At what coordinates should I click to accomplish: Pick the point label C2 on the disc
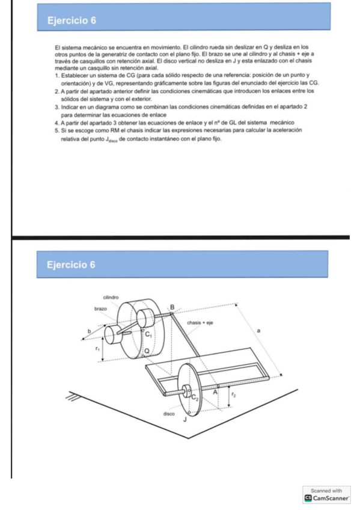click(x=195, y=397)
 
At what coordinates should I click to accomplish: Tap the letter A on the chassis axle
click(x=217, y=392)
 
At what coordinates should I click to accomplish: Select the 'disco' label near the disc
click(x=169, y=414)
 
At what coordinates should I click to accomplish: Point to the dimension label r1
click(x=97, y=348)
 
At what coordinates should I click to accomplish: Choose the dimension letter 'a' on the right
click(x=259, y=331)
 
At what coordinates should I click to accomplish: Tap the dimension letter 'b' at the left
click(x=90, y=331)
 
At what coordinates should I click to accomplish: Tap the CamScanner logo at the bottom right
click(x=309, y=499)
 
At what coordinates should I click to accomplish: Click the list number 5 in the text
click(x=56, y=130)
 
